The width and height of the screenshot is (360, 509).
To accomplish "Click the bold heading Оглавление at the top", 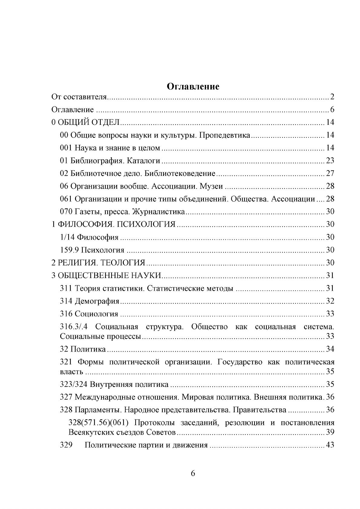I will pos(193,86).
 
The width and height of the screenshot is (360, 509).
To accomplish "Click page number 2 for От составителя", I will pos(332,97).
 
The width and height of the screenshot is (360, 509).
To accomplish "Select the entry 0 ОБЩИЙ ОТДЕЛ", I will pos(86,122).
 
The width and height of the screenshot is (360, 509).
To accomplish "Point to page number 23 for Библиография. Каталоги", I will pos(330,160).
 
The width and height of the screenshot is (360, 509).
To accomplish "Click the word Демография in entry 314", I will pos(97,301).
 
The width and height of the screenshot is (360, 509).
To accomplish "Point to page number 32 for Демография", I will pos(330,301).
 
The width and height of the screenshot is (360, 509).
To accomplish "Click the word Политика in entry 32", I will pos(88,349).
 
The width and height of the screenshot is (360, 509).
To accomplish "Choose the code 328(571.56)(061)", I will pos(97,423).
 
